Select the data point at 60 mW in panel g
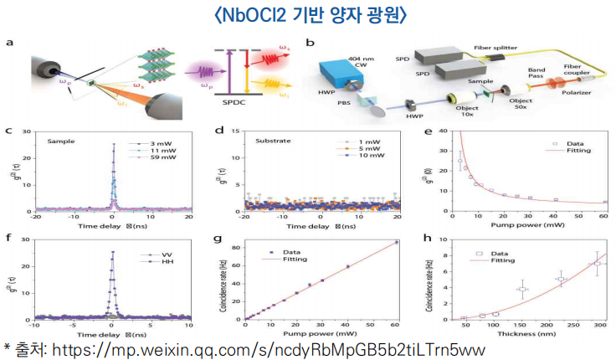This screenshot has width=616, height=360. tap(396, 243)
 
